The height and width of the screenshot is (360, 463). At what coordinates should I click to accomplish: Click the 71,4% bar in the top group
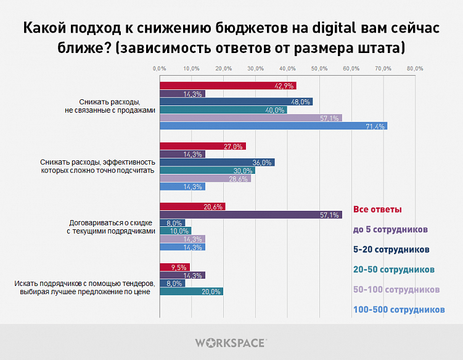click(x=273, y=126)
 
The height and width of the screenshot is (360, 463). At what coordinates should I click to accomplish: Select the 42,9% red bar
click(x=227, y=86)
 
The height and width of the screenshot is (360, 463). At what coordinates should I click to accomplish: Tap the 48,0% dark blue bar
click(x=236, y=102)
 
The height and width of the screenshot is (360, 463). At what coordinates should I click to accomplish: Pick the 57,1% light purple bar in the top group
click(x=250, y=118)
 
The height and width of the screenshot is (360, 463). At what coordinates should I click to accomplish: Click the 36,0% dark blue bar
click(x=216, y=162)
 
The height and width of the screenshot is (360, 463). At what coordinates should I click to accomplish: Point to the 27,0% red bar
click(x=202, y=146)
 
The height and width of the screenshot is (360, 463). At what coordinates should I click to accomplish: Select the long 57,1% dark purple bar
click(x=250, y=215)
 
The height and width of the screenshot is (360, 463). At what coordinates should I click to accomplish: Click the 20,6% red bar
click(x=192, y=207)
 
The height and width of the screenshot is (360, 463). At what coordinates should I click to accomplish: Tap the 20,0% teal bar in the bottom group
click(x=191, y=292)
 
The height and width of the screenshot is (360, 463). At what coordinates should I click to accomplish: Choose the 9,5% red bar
click(x=174, y=268)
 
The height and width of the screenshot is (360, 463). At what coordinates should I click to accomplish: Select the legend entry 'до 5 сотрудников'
click(x=390, y=229)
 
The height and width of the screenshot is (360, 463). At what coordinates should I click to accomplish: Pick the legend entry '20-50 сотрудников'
click(x=394, y=269)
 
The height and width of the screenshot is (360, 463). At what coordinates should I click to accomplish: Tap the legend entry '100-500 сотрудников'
click(x=398, y=309)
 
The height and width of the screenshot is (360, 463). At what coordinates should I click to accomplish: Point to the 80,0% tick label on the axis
click(x=414, y=68)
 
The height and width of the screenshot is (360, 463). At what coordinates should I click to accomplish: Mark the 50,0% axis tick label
click(x=319, y=68)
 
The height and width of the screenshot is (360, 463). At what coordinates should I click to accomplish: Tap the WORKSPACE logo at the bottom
click(x=231, y=342)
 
